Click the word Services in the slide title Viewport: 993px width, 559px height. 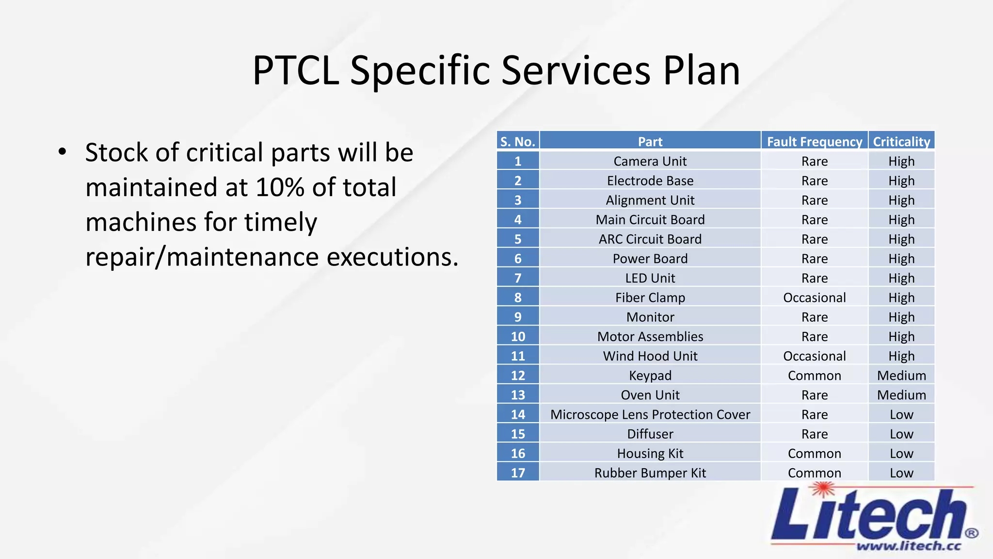[x=575, y=71]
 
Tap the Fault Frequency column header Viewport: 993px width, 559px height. [x=814, y=142]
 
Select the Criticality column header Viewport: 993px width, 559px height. [x=901, y=142]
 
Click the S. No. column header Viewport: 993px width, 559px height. [x=517, y=142]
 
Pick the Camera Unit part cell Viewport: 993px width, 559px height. [x=650, y=161]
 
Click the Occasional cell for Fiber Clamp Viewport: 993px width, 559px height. [x=814, y=297]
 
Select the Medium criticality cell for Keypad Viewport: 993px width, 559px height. [x=901, y=376]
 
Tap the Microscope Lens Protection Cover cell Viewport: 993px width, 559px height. [x=650, y=414]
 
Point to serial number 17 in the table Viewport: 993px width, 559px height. [x=517, y=473]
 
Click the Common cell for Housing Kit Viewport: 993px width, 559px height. [x=814, y=453]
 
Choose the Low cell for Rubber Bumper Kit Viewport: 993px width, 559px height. [x=901, y=473]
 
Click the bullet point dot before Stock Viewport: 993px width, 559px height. [x=62, y=152]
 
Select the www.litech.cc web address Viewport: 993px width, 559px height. [x=908, y=546]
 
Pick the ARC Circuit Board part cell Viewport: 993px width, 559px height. [x=650, y=239]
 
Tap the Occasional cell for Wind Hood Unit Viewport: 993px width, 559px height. [x=814, y=356]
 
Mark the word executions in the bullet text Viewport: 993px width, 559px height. [x=392, y=257]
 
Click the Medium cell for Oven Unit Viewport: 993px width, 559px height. [x=901, y=395]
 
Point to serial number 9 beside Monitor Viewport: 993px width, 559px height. [x=517, y=317]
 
